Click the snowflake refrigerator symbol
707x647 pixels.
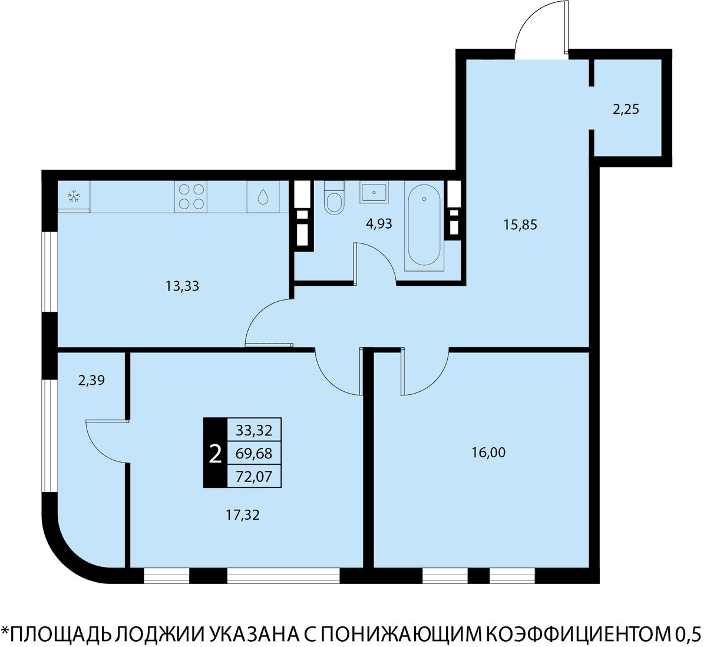74,196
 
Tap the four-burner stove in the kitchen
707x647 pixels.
191,196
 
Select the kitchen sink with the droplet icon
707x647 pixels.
263,196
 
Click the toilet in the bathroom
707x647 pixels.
334,197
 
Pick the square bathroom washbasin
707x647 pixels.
374,192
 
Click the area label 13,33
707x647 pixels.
182,286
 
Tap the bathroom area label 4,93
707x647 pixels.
379,223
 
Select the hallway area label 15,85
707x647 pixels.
520,225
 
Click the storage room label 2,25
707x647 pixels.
626,109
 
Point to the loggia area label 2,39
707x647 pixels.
92,381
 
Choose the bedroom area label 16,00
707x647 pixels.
488,453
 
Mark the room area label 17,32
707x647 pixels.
243,515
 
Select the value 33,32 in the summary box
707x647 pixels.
254,431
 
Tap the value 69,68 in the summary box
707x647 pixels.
254,453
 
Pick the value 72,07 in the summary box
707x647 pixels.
254,477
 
